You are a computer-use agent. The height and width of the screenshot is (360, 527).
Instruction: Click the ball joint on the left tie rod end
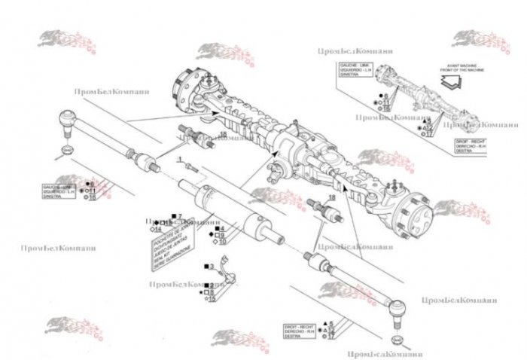tap(65, 119)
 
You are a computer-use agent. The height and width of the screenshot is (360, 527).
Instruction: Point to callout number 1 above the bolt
tap(181, 159)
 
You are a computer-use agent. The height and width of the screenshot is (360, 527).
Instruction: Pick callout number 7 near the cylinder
tap(181, 217)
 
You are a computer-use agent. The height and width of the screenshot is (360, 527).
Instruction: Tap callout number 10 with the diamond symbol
tap(222, 242)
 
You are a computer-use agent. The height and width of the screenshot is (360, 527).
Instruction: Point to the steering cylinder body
tap(226, 211)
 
